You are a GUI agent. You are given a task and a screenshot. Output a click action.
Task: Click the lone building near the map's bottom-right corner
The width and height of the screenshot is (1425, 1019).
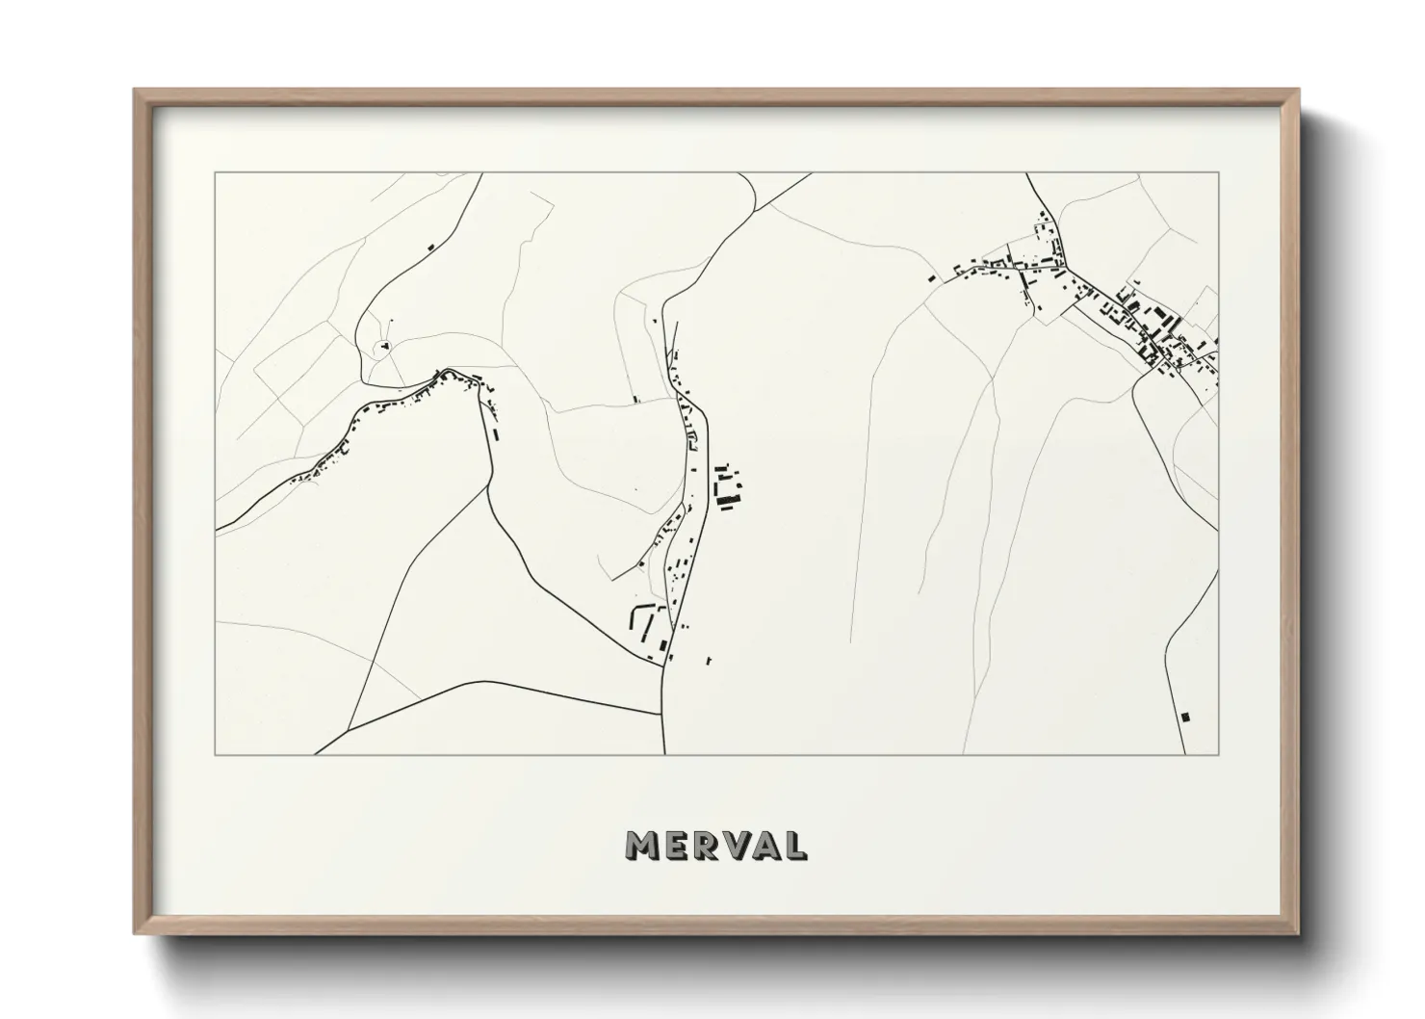tap(1185, 717)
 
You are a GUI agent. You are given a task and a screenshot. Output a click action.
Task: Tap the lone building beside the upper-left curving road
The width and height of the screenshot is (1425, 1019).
tap(431, 247)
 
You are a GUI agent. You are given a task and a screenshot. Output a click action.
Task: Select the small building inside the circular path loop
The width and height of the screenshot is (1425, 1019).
tap(384, 344)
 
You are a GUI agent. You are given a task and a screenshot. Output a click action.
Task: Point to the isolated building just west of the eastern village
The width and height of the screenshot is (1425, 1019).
tap(932, 278)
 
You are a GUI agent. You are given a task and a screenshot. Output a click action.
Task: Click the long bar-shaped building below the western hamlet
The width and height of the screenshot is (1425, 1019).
tap(497, 432)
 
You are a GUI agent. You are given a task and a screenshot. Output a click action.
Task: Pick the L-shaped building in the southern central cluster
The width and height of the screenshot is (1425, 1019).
tap(635, 616)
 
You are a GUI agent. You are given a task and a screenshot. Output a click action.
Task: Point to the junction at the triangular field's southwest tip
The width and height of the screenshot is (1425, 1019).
tap(348, 728)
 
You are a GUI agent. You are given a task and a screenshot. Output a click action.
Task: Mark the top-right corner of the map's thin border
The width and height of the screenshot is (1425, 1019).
tap(1218, 173)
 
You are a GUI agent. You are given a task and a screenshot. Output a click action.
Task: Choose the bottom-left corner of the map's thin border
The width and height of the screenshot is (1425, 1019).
tap(216, 754)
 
